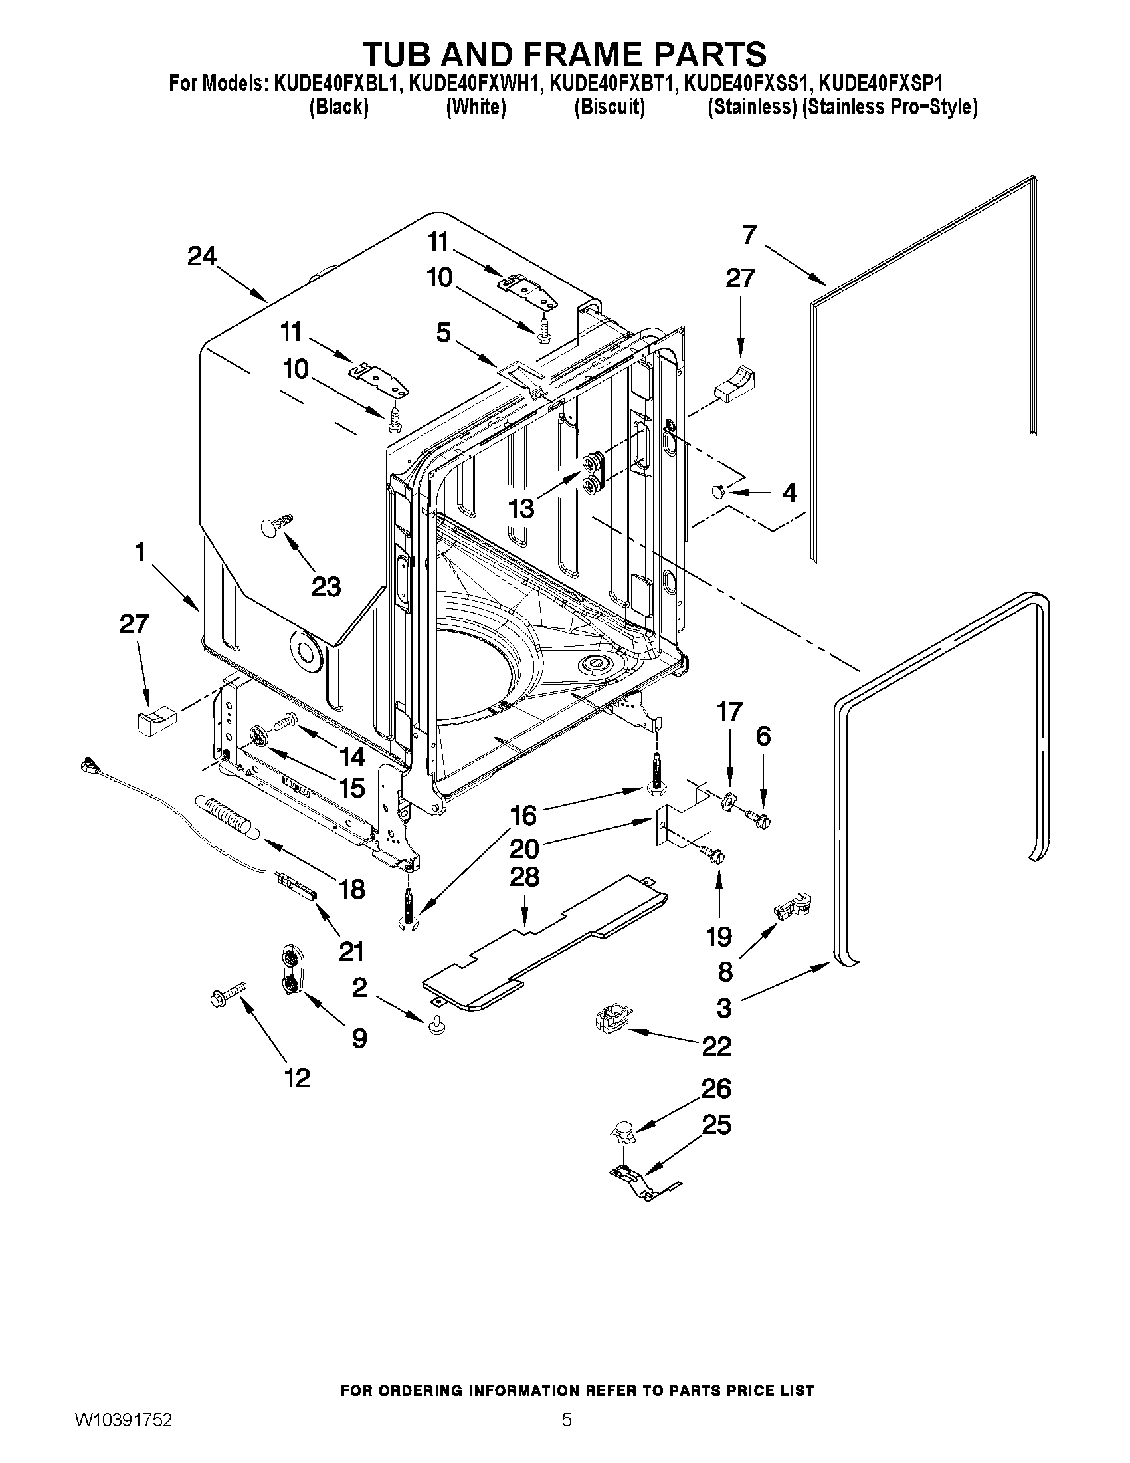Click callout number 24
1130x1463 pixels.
(201, 257)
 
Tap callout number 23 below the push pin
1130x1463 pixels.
(326, 587)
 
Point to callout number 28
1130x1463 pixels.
(524, 877)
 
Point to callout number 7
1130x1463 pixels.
(749, 235)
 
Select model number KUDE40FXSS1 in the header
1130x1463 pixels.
(747, 84)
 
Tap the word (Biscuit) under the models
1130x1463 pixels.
(609, 107)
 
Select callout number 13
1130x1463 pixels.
(521, 508)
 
